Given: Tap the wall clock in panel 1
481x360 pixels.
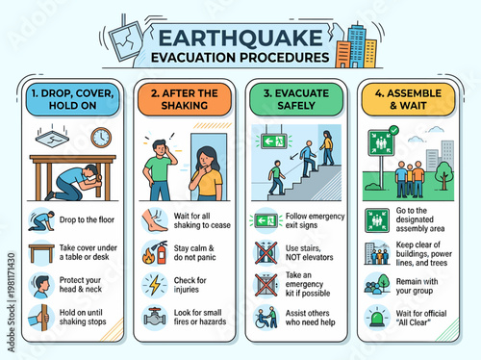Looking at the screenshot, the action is click(101, 138).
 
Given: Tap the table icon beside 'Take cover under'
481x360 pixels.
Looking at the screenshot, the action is click(40, 253).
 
